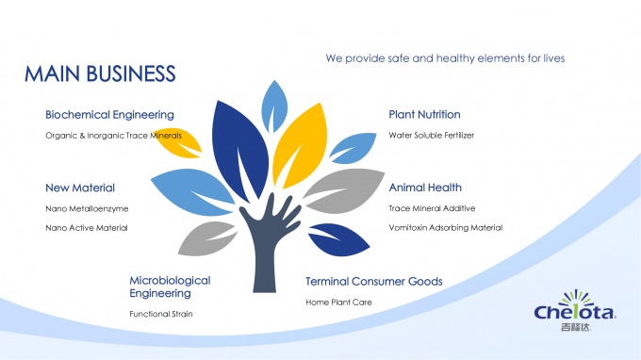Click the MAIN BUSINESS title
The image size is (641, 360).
click(x=100, y=74)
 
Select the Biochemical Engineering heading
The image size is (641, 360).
click(x=109, y=115)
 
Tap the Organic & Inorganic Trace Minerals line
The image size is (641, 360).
click(x=113, y=136)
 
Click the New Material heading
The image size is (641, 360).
click(x=80, y=188)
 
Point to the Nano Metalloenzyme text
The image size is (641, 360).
click(x=87, y=208)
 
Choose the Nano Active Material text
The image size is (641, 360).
click(x=87, y=227)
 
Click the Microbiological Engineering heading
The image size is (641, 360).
click(x=170, y=286)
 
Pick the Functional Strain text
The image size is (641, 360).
click(x=161, y=314)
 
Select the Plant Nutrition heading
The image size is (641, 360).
click(x=424, y=115)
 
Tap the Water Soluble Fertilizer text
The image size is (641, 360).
click(x=432, y=136)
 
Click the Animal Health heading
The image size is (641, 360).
click(x=425, y=188)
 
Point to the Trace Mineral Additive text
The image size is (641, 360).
click(x=432, y=208)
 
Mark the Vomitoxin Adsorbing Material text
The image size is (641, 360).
click(x=446, y=227)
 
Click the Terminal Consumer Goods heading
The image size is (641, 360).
click(x=374, y=282)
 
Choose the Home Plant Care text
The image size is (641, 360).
click(x=338, y=303)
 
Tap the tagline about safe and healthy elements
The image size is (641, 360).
click(x=445, y=58)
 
